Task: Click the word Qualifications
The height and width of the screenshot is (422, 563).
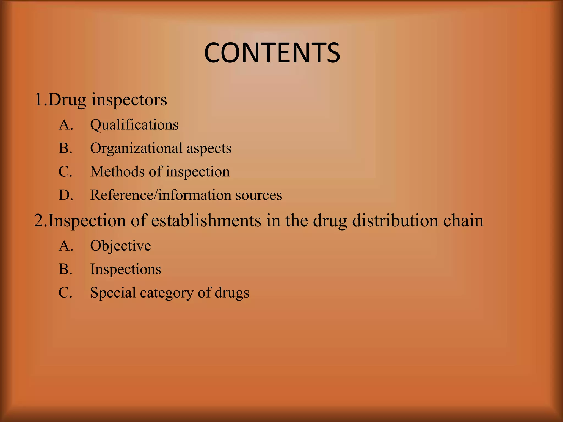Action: [134, 125]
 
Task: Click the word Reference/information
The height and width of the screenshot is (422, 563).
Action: [161, 195]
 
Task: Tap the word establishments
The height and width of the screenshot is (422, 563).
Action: [206, 220]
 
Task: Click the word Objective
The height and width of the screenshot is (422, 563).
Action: [120, 246]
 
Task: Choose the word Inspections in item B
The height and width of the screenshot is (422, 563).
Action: [126, 269]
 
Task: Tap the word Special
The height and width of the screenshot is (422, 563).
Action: [113, 293]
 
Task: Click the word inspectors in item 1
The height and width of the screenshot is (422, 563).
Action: [129, 100]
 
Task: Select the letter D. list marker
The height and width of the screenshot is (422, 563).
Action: [66, 195]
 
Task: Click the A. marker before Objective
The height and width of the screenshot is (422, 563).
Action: [66, 246]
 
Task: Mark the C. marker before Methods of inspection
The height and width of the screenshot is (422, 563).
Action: [65, 172]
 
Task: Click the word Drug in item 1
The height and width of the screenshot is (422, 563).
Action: [67, 100]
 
